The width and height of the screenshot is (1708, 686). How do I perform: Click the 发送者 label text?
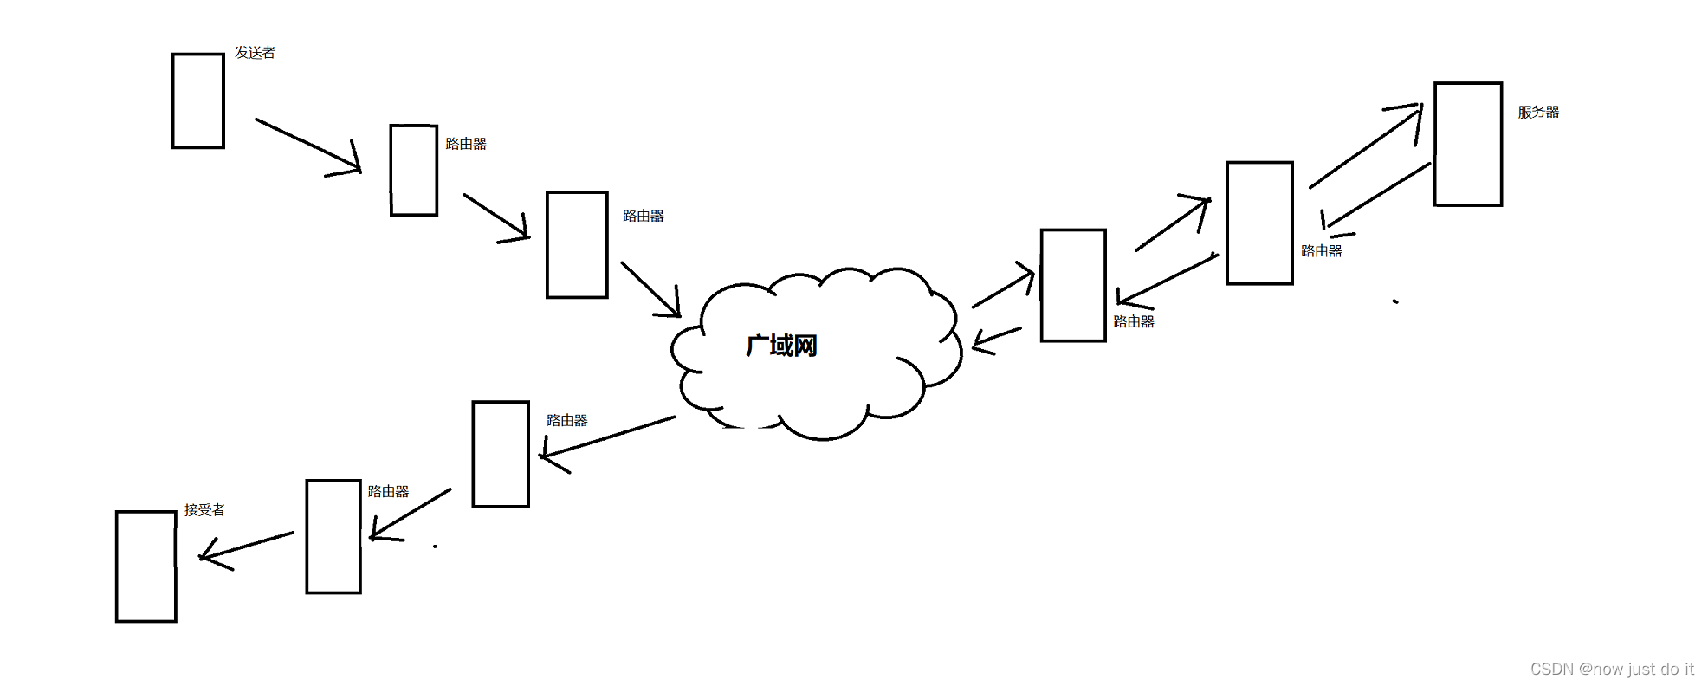[x=255, y=53]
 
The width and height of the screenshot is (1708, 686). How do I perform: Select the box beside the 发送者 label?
[x=198, y=100]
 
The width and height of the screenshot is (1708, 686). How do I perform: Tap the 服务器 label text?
[x=1538, y=112]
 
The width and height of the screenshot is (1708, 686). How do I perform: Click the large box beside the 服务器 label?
[x=1467, y=144]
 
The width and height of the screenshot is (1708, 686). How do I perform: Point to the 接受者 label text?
[x=204, y=510]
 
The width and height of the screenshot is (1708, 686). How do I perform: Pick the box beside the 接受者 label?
[x=146, y=566]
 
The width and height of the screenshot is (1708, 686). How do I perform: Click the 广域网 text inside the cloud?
[x=781, y=346]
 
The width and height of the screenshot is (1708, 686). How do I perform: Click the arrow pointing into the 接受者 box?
[x=247, y=547]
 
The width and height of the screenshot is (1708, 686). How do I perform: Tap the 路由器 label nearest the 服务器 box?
[x=1321, y=251]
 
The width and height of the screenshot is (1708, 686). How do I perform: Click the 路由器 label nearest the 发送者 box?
[x=466, y=144]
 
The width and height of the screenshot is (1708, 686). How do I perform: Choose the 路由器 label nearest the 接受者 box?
[x=388, y=492]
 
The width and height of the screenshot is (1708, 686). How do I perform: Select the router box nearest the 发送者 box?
[x=414, y=170]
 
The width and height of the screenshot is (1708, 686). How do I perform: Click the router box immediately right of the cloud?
[x=1073, y=285]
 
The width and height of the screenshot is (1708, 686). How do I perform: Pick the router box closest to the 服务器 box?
[x=1259, y=223]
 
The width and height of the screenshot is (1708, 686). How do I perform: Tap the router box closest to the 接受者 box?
[x=333, y=536]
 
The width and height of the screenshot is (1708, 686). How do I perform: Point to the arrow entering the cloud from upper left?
[x=650, y=288]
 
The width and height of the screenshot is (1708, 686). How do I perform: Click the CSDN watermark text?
[x=1611, y=669]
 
